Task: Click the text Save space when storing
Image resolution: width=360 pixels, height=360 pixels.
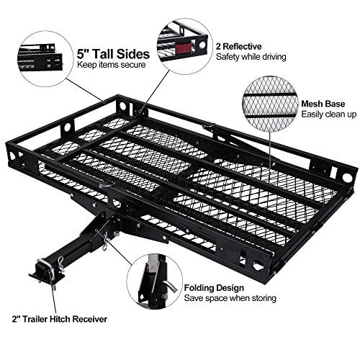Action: [x=230, y=297]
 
